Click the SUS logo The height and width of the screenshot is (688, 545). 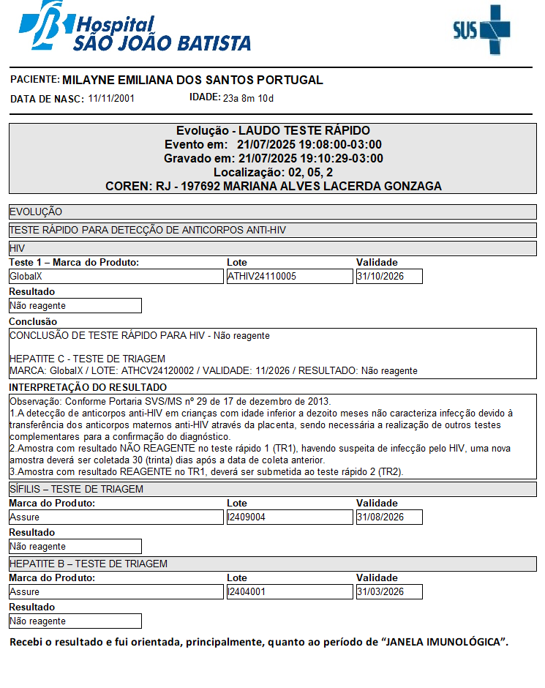[x=481, y=29]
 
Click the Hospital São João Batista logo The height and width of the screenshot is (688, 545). [x=135, y=28]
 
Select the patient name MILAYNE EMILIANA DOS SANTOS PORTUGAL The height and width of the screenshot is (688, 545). [x=192, y=80]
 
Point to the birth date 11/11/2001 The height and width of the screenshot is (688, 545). [x=111, y=98]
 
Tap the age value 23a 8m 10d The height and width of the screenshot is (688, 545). [x=248, y=98]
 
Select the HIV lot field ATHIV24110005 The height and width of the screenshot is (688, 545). [x=289, y=277]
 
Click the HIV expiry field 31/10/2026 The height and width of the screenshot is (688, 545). [x=389, y=277]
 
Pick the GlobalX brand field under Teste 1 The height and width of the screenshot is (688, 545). [x=116, y=277]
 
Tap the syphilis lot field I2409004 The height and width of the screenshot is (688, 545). [x=289, y=517]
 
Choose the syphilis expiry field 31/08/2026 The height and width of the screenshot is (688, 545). [x=389, y=517]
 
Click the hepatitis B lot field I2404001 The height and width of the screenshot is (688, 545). [x=289, y=592]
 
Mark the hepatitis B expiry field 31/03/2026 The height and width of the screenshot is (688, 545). [x=389, y=592]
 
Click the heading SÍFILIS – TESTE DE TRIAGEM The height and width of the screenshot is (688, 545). [x=76, y=489]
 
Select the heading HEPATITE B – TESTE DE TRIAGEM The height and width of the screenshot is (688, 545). [x=89, y=564]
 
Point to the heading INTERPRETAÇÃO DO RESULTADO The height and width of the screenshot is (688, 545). [x=88, y=387]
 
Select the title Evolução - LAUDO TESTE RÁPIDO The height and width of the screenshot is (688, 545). [x=273, y=131]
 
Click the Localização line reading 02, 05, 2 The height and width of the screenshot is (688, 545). [x=273, y=173]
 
